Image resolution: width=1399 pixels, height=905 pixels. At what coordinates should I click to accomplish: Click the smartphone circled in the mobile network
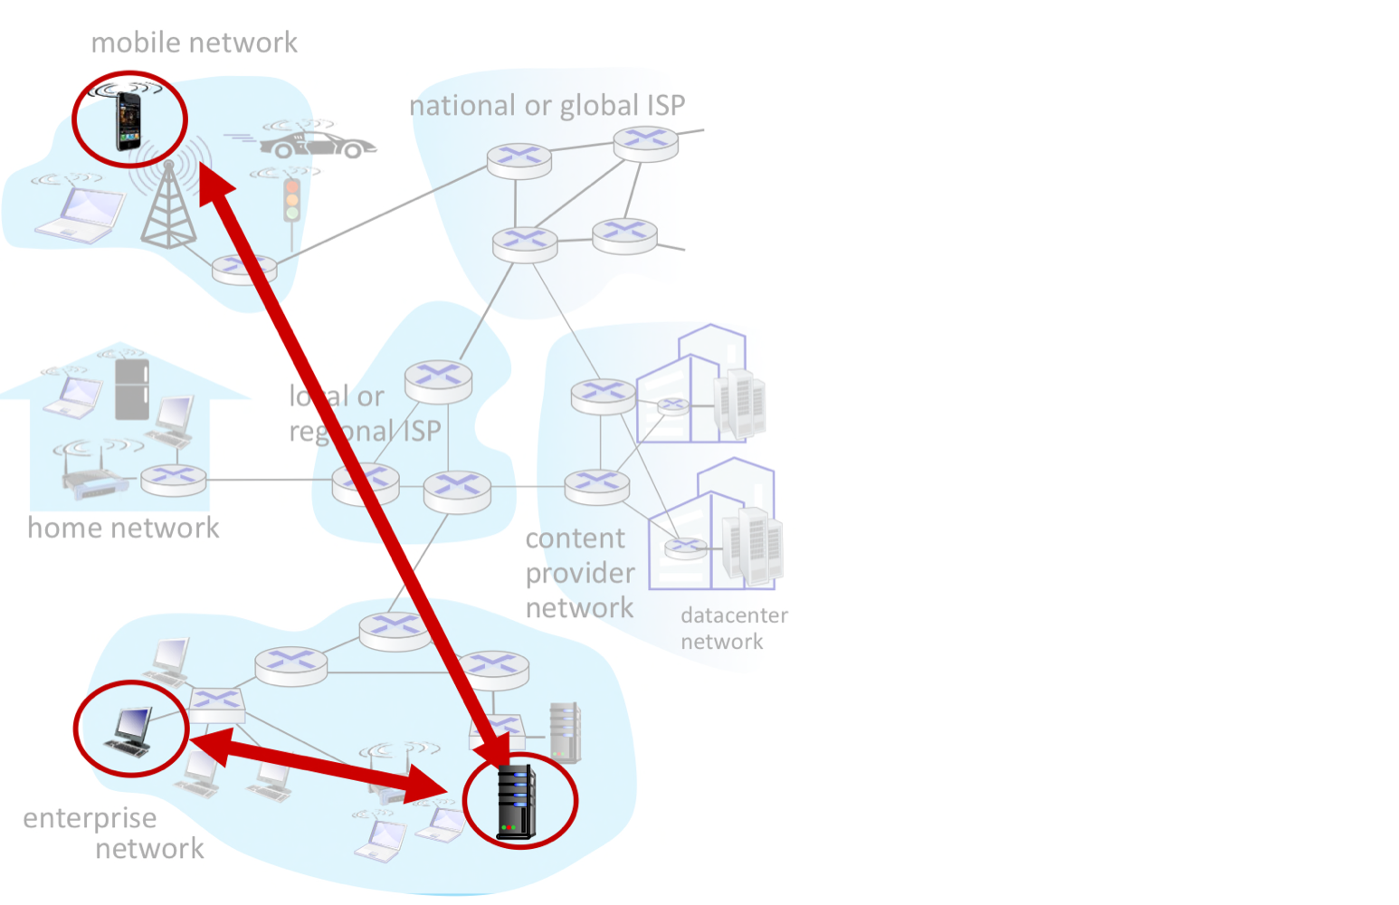pyautogui.click(x=128, y=121)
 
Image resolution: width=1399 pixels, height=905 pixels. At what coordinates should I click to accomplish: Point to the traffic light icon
pyautogui.click(x=291, y=200)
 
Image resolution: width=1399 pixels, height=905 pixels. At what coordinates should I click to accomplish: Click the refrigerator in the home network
pyautogui.click(x=132, y=389)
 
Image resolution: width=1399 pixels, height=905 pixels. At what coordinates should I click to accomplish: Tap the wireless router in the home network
pyautogui.click(x=96, y=484)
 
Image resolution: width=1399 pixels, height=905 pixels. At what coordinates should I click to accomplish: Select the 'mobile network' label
pyautogui.click(x=194, y=43)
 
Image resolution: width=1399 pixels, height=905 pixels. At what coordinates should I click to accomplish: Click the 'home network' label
pyautogui.click(x=123, y=528)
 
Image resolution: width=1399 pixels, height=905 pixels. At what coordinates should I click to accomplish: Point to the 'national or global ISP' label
pyautogui.click(x=547, y=106)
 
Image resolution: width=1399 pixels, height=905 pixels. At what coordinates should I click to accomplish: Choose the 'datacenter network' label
pyautogui.click(x=733, y=628)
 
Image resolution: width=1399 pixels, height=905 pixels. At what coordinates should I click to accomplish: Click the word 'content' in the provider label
pyautogui.click(x=575, y=538)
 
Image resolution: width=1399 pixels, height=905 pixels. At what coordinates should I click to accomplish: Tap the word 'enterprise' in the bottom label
pyautogui.click(x=90, y=818)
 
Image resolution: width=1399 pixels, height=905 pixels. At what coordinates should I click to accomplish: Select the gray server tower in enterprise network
pyautogui.click(x=565, y=731)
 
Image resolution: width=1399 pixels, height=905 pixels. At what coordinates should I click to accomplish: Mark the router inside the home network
pyautogui.click(x=174, y=478)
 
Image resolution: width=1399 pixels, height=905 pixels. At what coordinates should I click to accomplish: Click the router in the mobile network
pyautogui.click(x=243, y=269)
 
